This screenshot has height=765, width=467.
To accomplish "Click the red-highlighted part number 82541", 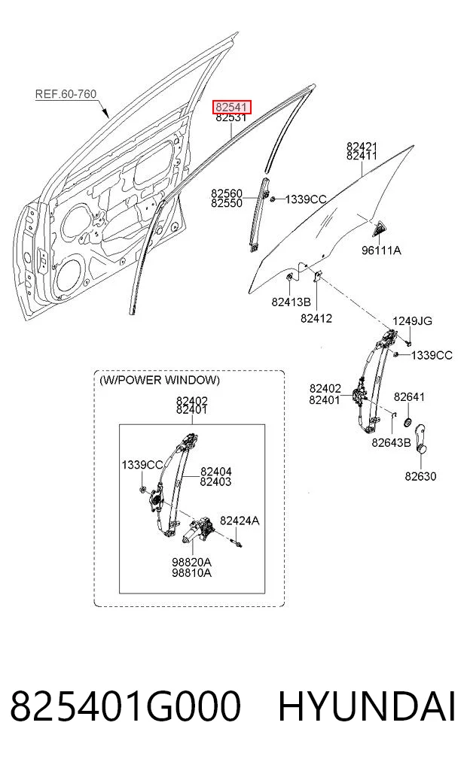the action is point(231,107).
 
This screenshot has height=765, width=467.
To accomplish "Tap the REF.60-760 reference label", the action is point(66,94).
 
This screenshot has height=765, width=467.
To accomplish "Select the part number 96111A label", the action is point(381,250).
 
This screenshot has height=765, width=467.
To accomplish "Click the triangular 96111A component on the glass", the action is point(380,229).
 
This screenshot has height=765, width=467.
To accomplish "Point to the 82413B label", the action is point(291,302).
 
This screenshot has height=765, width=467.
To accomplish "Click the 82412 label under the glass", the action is point(316,318).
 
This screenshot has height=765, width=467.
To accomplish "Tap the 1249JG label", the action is point(412,320).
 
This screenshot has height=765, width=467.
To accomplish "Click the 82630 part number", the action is point(420,475).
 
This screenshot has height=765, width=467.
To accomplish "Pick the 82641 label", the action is point(409,396).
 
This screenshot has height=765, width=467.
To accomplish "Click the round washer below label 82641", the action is point(407,421).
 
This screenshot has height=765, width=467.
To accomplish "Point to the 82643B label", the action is point(391,442).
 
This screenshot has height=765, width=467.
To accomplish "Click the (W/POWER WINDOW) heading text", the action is point(160,380).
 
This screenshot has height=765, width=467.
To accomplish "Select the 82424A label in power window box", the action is point(240,521).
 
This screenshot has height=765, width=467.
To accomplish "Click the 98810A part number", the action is point(191,572).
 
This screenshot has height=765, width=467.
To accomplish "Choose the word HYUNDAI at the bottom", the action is point(367,706).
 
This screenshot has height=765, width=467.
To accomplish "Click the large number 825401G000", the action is point(126,706).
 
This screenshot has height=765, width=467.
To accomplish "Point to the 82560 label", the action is point(227,193).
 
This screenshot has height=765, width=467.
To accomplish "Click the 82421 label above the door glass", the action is point(362,147).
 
